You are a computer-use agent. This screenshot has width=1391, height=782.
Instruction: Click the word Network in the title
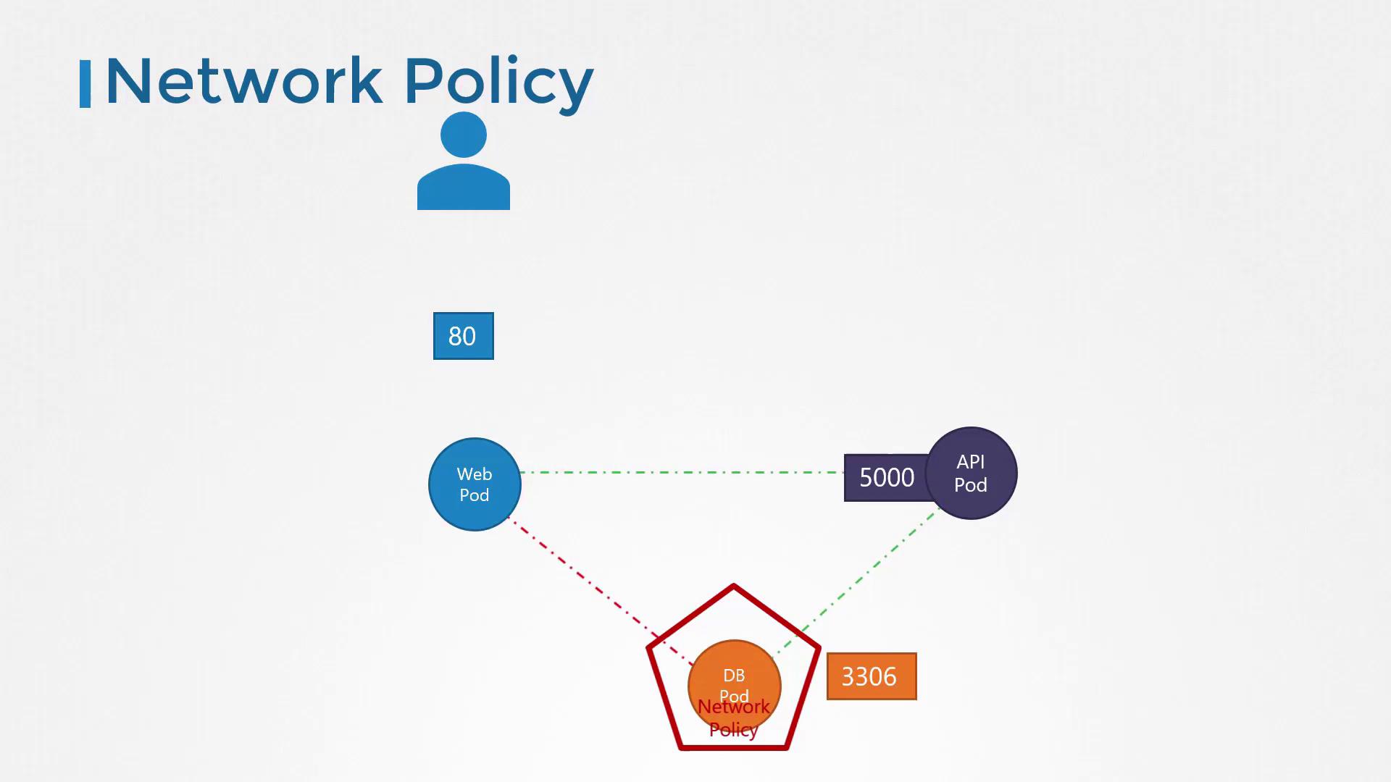(243, 81)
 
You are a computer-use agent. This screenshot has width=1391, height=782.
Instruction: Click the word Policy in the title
(498, 81)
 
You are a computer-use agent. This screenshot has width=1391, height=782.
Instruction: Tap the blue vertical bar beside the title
(85, 84)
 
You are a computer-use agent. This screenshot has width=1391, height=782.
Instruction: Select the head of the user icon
(463, 135)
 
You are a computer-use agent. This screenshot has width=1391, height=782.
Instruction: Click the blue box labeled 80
(463, 336)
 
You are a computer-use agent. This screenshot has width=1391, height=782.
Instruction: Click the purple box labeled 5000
(885, 478)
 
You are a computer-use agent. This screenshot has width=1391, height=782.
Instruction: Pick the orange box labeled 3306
(871, 676)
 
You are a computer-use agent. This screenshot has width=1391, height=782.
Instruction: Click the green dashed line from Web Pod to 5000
(681, 472)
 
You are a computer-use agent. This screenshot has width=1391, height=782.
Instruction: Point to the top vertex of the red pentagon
(733, 586)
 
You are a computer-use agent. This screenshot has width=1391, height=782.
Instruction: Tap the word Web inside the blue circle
(475, 474)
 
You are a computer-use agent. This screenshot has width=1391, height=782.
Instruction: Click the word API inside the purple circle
(971, 462)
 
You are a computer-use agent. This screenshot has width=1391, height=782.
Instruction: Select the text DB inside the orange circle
(734, 676)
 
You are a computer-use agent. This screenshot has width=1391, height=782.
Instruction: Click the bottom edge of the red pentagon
(733, 747)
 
